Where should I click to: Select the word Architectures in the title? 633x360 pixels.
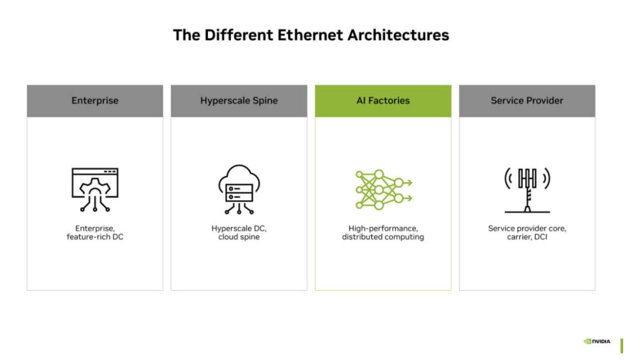click(x=398, y=35)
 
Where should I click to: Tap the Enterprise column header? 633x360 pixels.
click(x=95, y=101)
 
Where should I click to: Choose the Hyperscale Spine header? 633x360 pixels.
click(x=239, y=101)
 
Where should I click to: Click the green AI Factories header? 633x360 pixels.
click(x=383, y=101)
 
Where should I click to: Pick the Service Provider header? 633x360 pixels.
click(x=527, y=101)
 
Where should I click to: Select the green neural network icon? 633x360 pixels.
click(x=383, y=189)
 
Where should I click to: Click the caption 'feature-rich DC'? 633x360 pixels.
click(x=95, y=237)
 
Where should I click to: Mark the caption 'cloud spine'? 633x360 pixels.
click(x=239, y=237)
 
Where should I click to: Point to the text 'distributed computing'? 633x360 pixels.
click(x=383, y=237)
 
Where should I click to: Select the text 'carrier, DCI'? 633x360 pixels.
click(x=527, y=237)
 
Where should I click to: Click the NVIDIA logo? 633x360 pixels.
click(x=597, y=341)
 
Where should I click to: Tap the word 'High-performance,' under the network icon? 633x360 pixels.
click(x=383, y=229)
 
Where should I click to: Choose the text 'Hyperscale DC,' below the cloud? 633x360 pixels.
click(x=239, y=229)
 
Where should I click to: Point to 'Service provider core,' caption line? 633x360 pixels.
click(x=527, y=229)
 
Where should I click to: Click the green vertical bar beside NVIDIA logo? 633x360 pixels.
click(x=622, y=346)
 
